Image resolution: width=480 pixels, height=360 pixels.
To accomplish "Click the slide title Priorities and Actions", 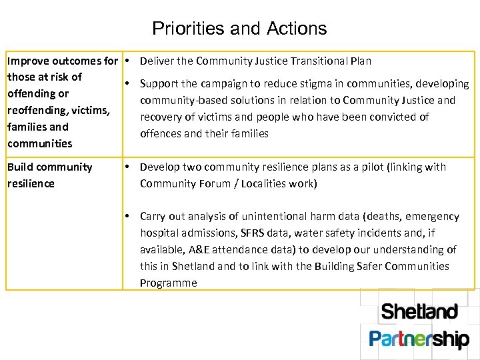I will coord(239,29).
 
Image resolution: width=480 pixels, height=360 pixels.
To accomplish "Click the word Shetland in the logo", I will coord(419,311).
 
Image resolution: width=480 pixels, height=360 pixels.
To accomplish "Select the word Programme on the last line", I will coord(169,283).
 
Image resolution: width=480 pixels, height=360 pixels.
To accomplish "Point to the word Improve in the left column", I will coord(27,61).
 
